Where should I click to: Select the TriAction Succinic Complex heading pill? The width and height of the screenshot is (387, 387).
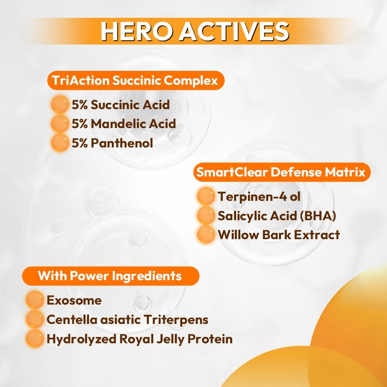[136, 80]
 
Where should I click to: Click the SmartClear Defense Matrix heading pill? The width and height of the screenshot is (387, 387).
[282, 172]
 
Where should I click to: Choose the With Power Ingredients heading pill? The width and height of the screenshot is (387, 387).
[111, 276]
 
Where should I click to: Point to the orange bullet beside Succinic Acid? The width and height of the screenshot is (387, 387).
[60, 104]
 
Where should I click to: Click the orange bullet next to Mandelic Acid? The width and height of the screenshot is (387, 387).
[60, 123]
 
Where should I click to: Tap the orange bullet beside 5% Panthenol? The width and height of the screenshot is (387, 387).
[60, 143]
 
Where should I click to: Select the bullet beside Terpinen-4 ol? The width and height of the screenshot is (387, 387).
[206, 196]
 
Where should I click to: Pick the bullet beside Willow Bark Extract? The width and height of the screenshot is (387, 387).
[206, 235]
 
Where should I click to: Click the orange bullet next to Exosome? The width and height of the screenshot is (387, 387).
[35, 300]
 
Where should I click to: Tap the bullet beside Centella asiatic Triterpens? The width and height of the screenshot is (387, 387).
[35, 319]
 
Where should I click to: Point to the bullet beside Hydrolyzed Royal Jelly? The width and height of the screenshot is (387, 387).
[35, 338]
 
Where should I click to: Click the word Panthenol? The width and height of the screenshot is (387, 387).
[122, 143]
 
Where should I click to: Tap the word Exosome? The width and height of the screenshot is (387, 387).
[74, 300]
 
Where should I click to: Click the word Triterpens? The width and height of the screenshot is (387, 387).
[176, 320]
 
